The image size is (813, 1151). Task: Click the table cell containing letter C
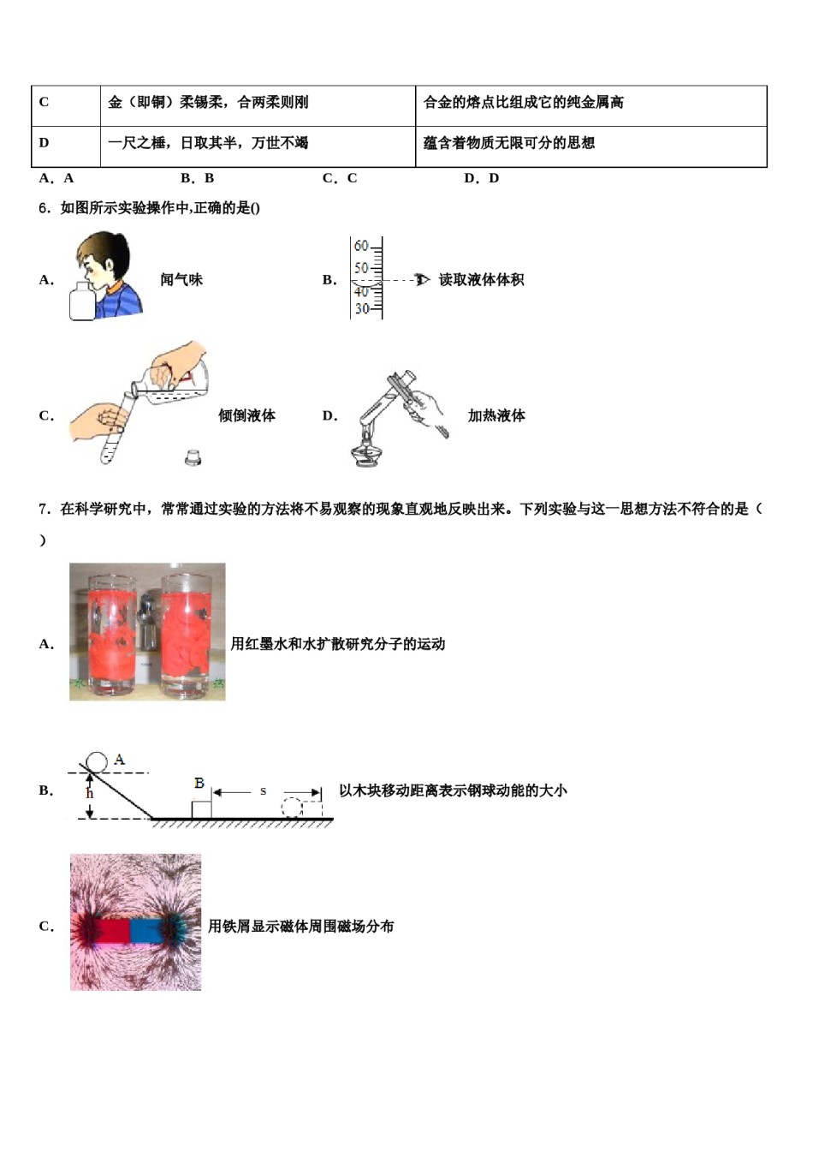pyautogui.click(x=65, y=104)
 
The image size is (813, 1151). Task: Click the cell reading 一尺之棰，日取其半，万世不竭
pyautogui.click(x=257, y=145)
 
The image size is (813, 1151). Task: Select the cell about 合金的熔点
pyautogui.click(x=590, y=104)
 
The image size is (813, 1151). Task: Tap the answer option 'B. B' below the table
pyautogui.click(x=197, y=178)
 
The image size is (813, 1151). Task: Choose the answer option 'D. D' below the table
pyautogui.click(x=481, y=178)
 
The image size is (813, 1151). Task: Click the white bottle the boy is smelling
pyautogui.click(x=82, y=301)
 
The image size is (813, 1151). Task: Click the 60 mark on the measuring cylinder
pyautogui.click(x=361, y=247)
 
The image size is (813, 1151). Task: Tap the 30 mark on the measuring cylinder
pyautogui.click(x=361, y=309)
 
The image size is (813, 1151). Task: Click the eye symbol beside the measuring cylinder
pyautogui.click(x=421, y=280)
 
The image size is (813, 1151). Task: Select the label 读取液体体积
pyautogui.click(x=481, y=280)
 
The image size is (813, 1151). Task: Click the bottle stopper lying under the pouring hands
pyautogui.click(x=193, y=457)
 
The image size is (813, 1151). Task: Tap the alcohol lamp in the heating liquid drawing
pyautogui.click(x=367, y=449)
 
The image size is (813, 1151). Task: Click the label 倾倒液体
pyautogui.click(x=246, y=416)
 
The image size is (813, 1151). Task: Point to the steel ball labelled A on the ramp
pyautogui.click(x=97, y=761)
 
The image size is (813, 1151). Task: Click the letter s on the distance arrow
pyautogui.click(x=263, y=791)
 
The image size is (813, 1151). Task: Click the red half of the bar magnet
pyautogui.click(x=110, y=931)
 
